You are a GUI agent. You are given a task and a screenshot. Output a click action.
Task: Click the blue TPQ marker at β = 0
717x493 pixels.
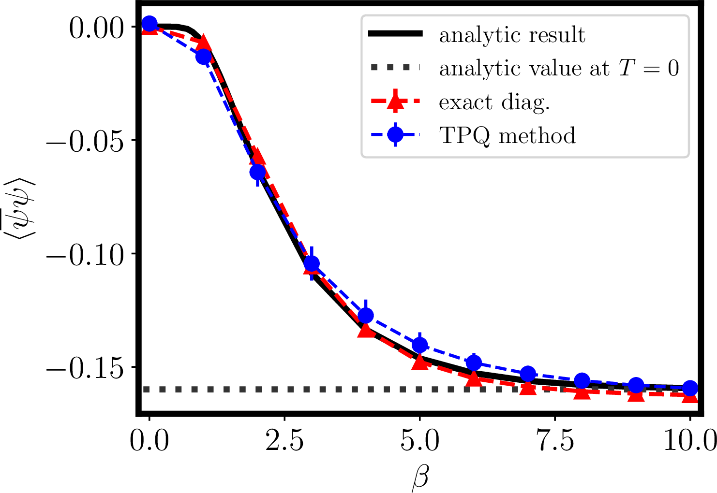[149, 23]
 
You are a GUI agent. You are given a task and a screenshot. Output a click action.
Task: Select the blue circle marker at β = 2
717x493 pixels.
[257, 172]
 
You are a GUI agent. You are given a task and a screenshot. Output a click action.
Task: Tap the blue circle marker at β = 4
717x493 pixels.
[366, 316]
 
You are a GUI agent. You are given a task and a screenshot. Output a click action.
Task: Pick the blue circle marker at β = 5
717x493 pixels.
[419, 345]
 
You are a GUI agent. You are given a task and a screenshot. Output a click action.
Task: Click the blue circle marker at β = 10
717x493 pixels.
[690, 388]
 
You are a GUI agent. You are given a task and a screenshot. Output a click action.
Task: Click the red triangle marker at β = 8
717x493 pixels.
[582, 391]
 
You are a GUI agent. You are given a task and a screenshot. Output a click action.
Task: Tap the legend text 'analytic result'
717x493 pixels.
[512, 35]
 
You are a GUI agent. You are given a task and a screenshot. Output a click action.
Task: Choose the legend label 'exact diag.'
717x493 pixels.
[494, 102]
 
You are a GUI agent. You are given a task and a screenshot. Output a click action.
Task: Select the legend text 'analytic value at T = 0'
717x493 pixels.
[559, 69]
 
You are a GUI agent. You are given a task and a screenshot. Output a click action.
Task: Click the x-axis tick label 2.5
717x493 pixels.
[284, 441]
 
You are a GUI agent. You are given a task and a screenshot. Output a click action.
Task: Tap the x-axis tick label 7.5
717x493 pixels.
[555, 441]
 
